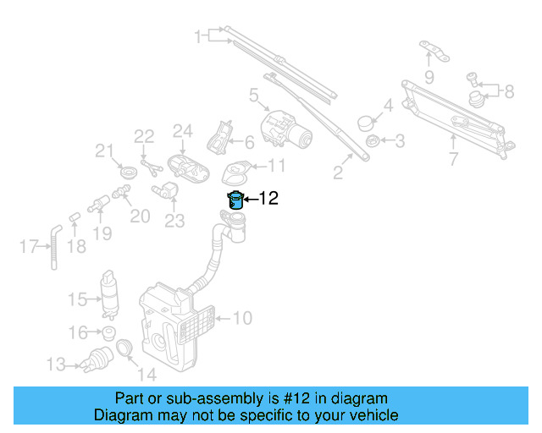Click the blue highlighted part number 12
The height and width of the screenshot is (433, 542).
pos(235,200)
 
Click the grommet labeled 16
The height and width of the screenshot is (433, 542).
pos(108,332)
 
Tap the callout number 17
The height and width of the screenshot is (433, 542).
pos(28,247)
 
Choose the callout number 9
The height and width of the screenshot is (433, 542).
pos(429,78)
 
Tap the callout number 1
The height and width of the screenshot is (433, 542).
pos(199,36)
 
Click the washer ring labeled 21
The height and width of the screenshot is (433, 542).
pos(128,173)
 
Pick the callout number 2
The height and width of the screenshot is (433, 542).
pos(337,174)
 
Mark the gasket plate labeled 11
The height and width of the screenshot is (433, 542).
pos(235,173)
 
